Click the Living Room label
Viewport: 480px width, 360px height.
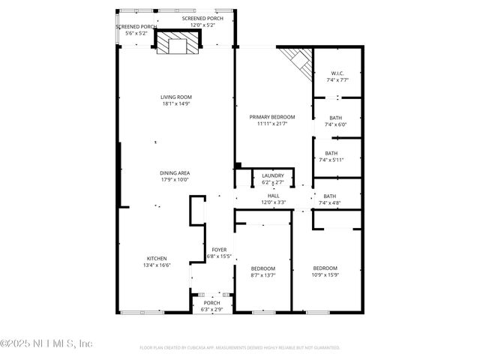pyautogui.click(x=176, y=97)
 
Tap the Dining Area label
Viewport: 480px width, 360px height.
pyautogui.click(x=174, y=173)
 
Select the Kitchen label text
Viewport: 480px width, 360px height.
pyautogui.click(x=157, y=258)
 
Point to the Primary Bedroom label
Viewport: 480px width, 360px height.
pyautogui.click(x=272, y=117)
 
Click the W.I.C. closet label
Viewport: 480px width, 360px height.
pyautogui.click(x=337, y=73)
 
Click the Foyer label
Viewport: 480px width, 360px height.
pyautogui.click(x=219, y=250)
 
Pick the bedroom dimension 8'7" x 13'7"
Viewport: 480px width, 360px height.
pyautogui.click(x=262, y=274)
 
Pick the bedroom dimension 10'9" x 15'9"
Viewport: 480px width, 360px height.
pyautogui.click(x=325, y=274)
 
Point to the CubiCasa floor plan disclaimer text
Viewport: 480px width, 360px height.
pyautogui.click(x=240, y=348)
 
